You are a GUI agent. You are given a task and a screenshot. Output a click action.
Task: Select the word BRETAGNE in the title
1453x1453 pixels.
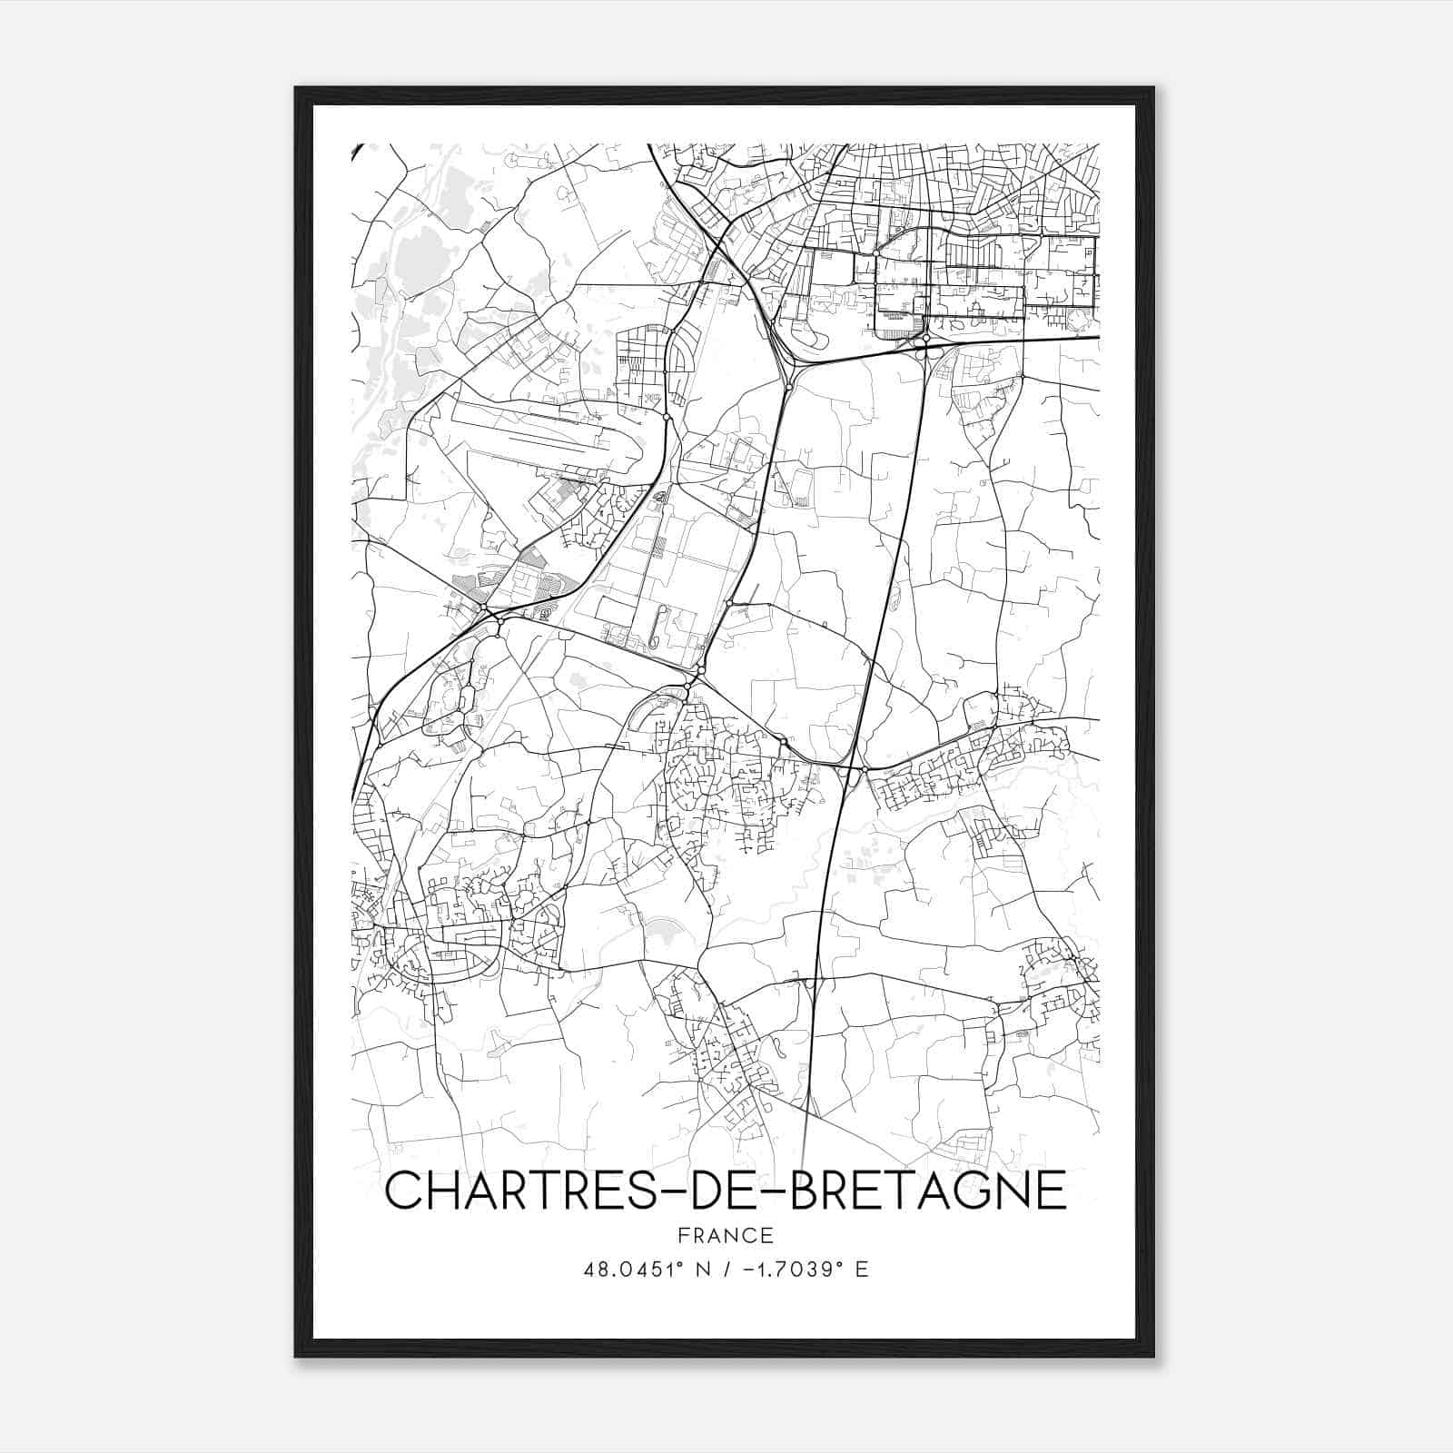click(924, 1190)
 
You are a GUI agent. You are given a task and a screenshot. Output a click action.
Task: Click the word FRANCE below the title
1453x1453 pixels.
click(726, 1235)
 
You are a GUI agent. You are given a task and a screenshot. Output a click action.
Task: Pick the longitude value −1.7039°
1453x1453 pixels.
click(791, 1269)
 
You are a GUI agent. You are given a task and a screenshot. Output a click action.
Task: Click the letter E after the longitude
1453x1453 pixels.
click(862, 1269)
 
